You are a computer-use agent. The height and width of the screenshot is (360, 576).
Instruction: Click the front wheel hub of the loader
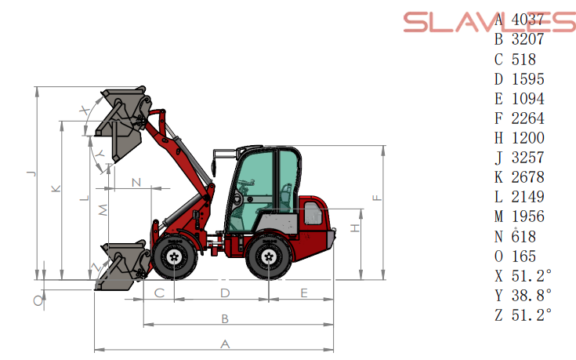click(175, 256)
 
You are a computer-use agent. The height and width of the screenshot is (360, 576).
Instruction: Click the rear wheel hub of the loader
click(269, 256)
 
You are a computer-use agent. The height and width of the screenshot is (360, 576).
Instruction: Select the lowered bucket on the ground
click(123, 266)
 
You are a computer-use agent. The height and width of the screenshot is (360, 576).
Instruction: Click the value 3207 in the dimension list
click(527, 39)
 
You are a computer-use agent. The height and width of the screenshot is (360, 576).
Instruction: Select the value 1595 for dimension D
click(527, 79)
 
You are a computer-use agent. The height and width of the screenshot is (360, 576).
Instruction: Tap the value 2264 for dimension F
click(527, 118)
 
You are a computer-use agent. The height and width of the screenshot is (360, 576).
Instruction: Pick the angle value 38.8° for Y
click(531, 295)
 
